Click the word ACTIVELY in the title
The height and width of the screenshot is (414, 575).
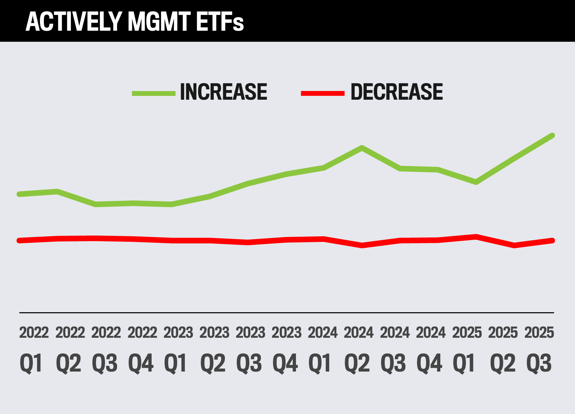pos(74,21)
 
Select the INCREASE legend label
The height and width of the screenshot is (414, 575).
pos(223,92)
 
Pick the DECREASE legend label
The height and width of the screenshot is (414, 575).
pos(396,92)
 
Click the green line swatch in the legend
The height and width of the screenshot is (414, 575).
pos(154,93)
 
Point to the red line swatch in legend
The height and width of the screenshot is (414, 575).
pos(323,93)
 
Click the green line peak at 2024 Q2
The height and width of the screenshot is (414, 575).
pos(362,148)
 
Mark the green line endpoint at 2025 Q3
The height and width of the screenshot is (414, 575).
pos(552,136)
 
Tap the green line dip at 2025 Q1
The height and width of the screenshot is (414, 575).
pos(476,182)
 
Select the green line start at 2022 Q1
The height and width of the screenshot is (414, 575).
pos(19,194)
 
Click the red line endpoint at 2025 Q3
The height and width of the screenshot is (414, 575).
pos(552,240)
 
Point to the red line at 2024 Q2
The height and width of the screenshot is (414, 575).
pos(362,245)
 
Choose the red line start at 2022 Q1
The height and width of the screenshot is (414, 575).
pos(19,240)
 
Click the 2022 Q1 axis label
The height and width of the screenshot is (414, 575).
pos(33,348)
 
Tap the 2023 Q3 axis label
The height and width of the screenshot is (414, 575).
pos(250,348)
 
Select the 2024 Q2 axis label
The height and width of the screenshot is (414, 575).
pos(358,348)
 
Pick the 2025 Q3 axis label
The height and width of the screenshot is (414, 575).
pos(539,348)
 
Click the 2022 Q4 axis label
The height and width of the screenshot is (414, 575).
pos(142,348)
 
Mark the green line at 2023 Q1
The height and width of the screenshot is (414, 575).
pos(171,204)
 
